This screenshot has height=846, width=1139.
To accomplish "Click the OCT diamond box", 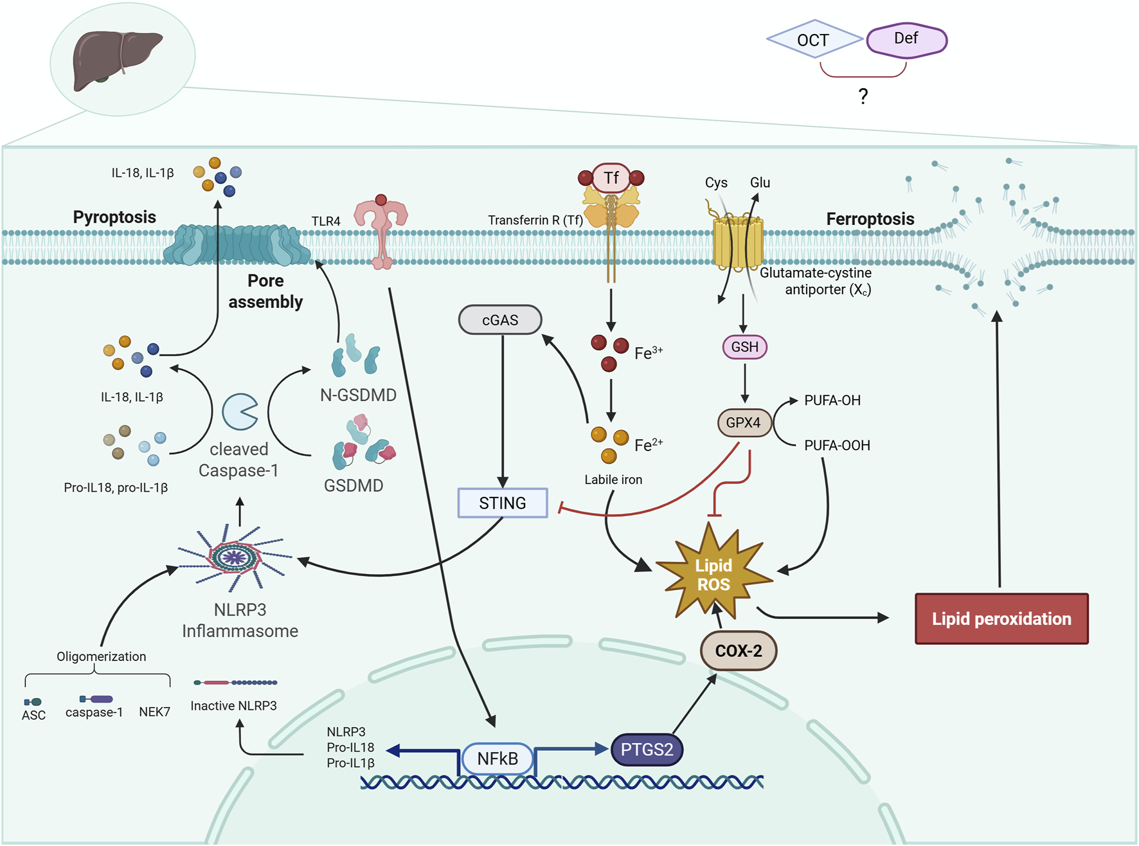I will click(x=814, y=40).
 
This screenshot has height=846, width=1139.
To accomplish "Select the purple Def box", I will click(x=906, y=39).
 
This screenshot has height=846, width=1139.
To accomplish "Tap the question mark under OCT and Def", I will click(x=863, y=96).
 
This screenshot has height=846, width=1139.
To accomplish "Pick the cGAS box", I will click(x=500, y=319).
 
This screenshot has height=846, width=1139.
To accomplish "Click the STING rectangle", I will click(x=502, y=503).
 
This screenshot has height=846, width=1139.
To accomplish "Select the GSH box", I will click(x=744, y=347).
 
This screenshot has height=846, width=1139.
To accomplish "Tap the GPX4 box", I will click(x=744, y=423).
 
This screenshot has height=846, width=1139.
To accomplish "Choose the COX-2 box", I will click(x=739, y=651).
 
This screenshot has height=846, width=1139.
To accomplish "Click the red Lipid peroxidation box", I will click(x=1001, y=618).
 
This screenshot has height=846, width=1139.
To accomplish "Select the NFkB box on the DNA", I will click(x=498, y=759).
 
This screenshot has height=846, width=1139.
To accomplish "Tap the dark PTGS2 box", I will click(x=646, y=750).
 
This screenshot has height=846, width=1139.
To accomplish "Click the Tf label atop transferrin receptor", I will click(x=611, y=177).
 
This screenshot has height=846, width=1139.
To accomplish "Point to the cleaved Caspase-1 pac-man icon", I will click(x=239, y=411).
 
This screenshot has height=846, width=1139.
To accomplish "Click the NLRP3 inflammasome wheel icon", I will click(x=235, y=557).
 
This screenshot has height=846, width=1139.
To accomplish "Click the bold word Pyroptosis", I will click(x=114, y=217).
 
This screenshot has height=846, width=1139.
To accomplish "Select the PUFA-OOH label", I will click(x=836, y=446).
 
